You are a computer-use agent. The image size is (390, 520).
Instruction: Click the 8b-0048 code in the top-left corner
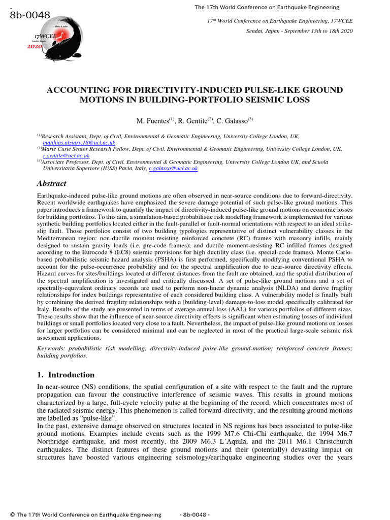30,15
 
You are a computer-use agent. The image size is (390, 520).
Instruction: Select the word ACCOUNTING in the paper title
74,90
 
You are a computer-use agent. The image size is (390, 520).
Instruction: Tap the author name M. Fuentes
153,121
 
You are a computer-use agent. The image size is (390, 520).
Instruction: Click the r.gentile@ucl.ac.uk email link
66,155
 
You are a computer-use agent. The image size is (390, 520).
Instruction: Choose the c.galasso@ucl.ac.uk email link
173,168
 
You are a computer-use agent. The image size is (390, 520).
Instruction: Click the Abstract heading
52,183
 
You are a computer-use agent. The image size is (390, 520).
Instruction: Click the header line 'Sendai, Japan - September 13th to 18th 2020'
299,30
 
